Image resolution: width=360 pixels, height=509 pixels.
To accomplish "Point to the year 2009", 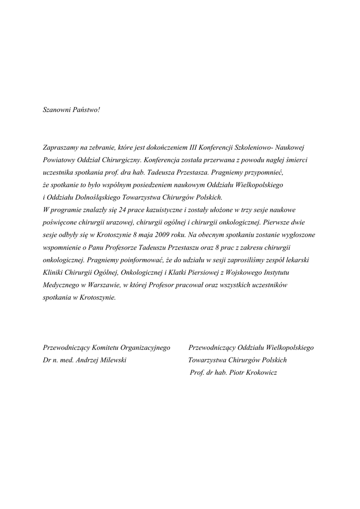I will click(162, 234).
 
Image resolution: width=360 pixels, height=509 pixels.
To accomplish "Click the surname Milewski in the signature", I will click(113, 360).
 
